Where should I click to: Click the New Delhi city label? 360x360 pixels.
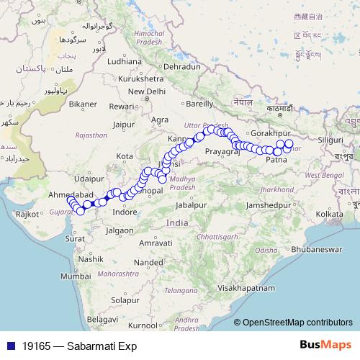coord(147,91)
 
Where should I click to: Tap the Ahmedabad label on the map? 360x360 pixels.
coord(70,196)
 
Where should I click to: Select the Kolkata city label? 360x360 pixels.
coord(329,215)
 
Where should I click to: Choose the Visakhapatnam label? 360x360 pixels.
coord(248,287)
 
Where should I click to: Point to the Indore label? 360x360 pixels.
coord(125,212)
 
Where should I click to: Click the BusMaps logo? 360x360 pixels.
coord(325,345)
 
